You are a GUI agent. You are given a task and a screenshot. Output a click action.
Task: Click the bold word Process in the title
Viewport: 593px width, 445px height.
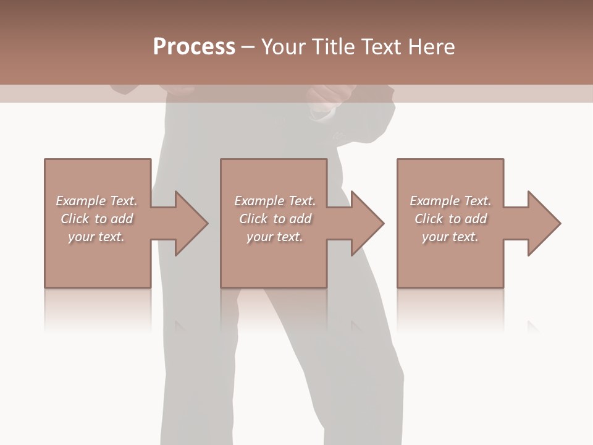tap(194, 47)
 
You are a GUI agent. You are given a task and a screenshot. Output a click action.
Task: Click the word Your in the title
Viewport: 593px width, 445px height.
tap(284, 47)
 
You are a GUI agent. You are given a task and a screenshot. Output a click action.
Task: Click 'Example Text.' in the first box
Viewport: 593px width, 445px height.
tap(96, 201)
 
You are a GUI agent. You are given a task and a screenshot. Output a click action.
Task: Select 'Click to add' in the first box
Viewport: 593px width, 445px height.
tap(96, 219)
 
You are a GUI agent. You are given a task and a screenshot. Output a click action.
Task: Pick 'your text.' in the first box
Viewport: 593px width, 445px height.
tap(96, 237)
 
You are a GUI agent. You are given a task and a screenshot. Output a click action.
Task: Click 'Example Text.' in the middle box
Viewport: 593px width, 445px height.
tap(275, 201)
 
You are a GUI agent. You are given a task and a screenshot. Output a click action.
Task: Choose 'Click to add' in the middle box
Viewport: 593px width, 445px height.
tap(275, 219)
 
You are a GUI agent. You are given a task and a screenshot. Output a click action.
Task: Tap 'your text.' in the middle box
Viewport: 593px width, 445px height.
tap(275, 237)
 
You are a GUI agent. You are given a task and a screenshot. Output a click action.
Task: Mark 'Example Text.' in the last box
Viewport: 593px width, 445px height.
tap(450, 201)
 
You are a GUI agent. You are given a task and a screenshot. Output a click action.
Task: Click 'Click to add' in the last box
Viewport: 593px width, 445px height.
tap(450, 219)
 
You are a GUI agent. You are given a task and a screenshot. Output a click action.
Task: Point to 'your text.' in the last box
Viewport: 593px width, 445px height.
tap(450, 237)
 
